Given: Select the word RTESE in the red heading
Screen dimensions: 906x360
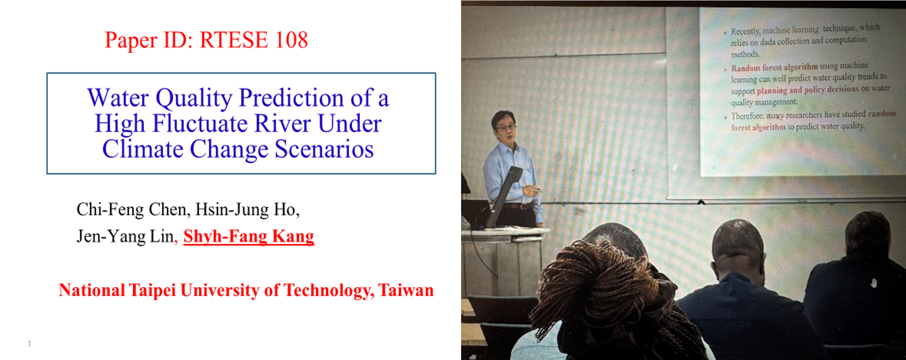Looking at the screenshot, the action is tap(234, 40).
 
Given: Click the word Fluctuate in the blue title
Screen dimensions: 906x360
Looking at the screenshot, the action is tap(200, 123).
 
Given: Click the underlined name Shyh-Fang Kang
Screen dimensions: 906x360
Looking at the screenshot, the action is tap(249, 236).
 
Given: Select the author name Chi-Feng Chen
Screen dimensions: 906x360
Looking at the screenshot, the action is tap(132, 210).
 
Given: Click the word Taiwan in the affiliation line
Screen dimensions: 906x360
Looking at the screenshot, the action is tap(405, 290).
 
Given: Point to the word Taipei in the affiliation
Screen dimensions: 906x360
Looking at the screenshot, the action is tap(152, 291).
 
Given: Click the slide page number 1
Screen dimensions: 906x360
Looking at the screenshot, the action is tap(29, 344).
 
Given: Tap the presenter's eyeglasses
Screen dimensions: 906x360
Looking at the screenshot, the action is tap(505, 127).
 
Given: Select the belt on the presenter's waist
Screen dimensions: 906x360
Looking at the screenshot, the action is tap(519, 206).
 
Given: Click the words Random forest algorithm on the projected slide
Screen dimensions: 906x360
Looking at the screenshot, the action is tap(774, 67).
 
